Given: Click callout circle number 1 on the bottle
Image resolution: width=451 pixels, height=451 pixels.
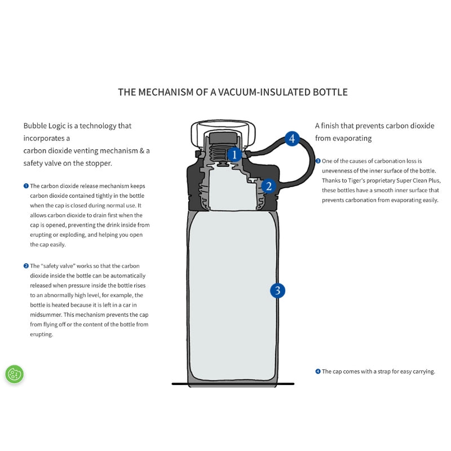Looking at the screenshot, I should (x=235, y=154).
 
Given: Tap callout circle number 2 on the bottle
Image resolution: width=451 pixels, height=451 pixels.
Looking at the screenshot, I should (x=268, y=186).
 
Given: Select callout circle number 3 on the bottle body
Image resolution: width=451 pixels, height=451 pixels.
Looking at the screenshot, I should (x=277, y=291).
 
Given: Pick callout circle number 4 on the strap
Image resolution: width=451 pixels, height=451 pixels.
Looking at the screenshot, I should (x=291, y=138).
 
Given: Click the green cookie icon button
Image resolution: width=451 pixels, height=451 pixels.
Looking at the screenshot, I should (x=15, y=374).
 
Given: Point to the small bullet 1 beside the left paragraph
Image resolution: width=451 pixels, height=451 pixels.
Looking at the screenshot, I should (x=26, y=185).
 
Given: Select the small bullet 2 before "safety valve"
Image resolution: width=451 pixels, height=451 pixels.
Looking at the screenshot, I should (x=26, y=266).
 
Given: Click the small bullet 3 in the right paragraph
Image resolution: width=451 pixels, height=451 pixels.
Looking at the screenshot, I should (x=318, y=161).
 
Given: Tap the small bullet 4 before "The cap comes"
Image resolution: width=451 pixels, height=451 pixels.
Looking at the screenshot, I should (x=318, y=372).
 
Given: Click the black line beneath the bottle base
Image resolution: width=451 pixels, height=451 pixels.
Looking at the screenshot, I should (x=233, y=384).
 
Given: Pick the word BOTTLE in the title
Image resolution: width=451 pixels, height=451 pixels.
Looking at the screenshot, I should (x=330, y=92).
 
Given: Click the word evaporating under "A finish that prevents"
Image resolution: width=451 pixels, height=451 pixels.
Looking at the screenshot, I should (x=351, y=138).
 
